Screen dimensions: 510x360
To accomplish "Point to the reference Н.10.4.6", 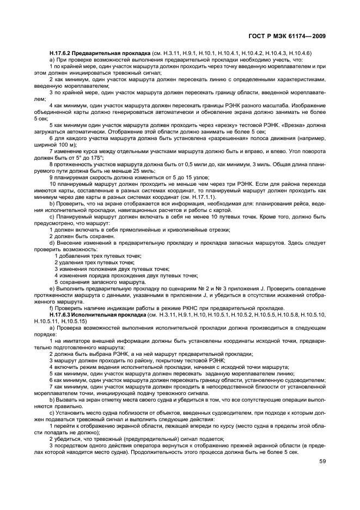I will pos(300,53).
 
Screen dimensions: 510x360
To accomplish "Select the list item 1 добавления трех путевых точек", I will pos(98,256).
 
